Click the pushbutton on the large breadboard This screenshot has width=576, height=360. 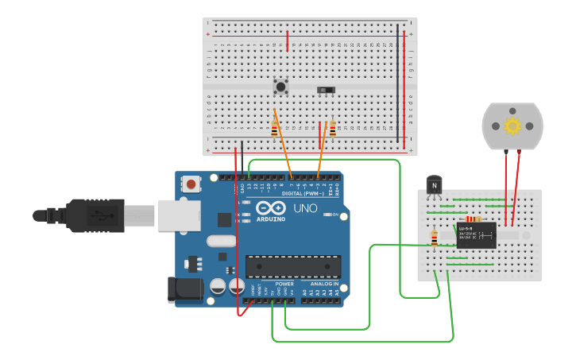pos(280,86)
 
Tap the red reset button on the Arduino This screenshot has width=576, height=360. pos(191,184)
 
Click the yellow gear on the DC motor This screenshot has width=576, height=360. pos(512,126)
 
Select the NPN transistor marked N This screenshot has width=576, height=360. pos(434,185)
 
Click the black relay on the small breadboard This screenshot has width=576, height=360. pos(476,235)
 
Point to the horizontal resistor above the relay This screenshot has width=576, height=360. pos(473,219)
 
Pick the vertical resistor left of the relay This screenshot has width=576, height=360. pos(434,237)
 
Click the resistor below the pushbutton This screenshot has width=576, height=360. pos(275,130)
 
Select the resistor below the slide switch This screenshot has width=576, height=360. pos(332,129)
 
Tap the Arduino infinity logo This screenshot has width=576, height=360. pos(270,208)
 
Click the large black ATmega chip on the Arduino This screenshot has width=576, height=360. pos(293,267)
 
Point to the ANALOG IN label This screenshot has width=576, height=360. pos(323,284)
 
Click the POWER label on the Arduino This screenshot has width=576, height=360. pos(284,284)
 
